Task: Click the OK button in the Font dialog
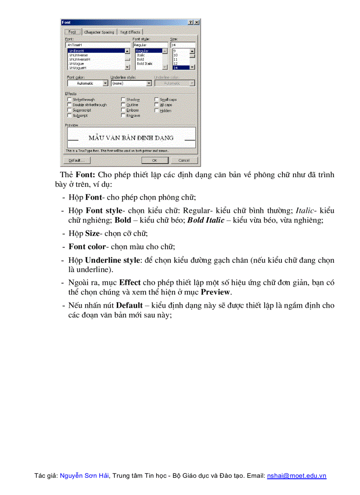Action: pyautogui.click(x=154, y=160)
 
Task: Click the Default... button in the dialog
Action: pyautogui.click(x=76, y=160)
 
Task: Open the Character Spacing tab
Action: pyautogui.click(x=99, y=32)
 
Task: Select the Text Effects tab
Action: pyautogui.click(x=130, y=32)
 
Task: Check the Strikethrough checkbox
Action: pyautogui.click(x=69, y=100)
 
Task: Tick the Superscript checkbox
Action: pyautogui.click(x=69, y=110)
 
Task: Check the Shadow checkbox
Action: pyautogui.click(x=123, y=100)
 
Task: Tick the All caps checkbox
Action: pyautogui.click(x=157, y=105)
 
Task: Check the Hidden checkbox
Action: pyautogui.click(x=157, y=110)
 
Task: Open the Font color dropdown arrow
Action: pyautogui.click(x=105, y=83)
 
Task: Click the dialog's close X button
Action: pyautogui.click(x=196, y=22)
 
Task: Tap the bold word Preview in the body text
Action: pyautogui.click(x=215, y=292)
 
